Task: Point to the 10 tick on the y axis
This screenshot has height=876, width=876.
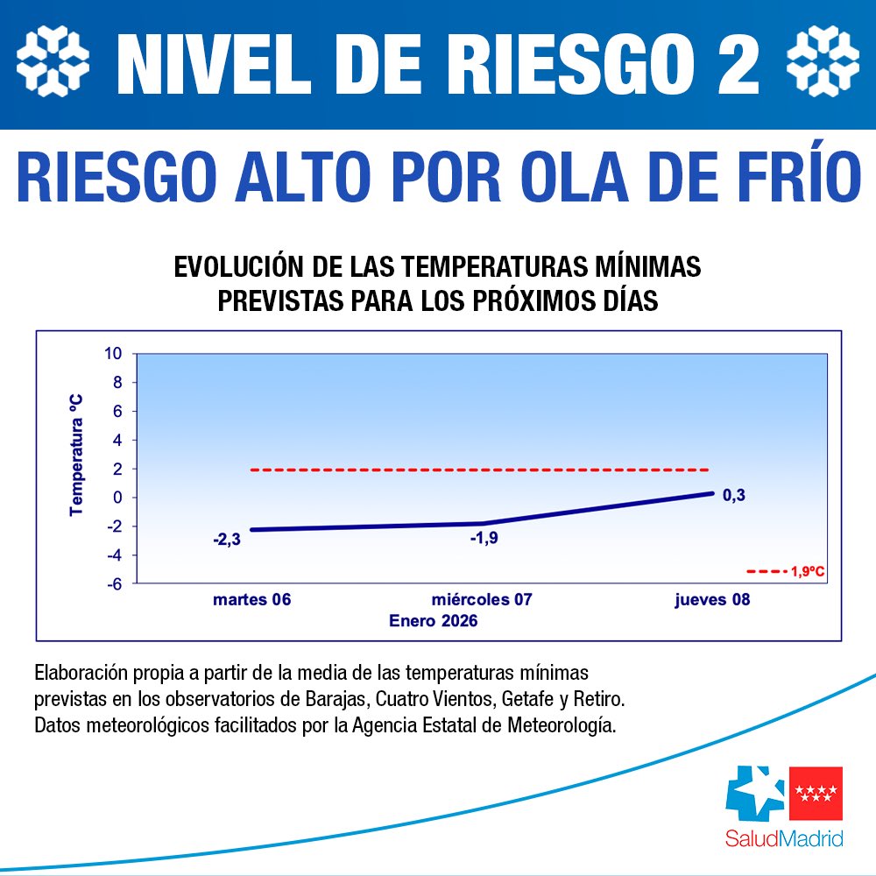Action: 114,354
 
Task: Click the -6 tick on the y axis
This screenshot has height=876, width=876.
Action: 114,583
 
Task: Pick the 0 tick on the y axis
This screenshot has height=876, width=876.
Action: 119,498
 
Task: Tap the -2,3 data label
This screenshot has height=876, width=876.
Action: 226,540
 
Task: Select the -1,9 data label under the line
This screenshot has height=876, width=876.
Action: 484,538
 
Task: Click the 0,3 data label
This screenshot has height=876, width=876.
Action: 733,496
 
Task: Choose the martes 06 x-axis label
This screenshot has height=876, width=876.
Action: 251,600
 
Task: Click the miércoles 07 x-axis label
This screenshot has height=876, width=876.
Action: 482,600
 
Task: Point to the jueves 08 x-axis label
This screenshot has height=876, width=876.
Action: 712,600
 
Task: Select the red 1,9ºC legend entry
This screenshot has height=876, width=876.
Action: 787,571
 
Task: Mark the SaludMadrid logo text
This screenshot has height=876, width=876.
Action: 784,839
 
